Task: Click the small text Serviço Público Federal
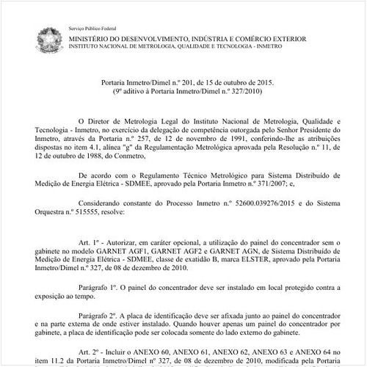tap(92, 24)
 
